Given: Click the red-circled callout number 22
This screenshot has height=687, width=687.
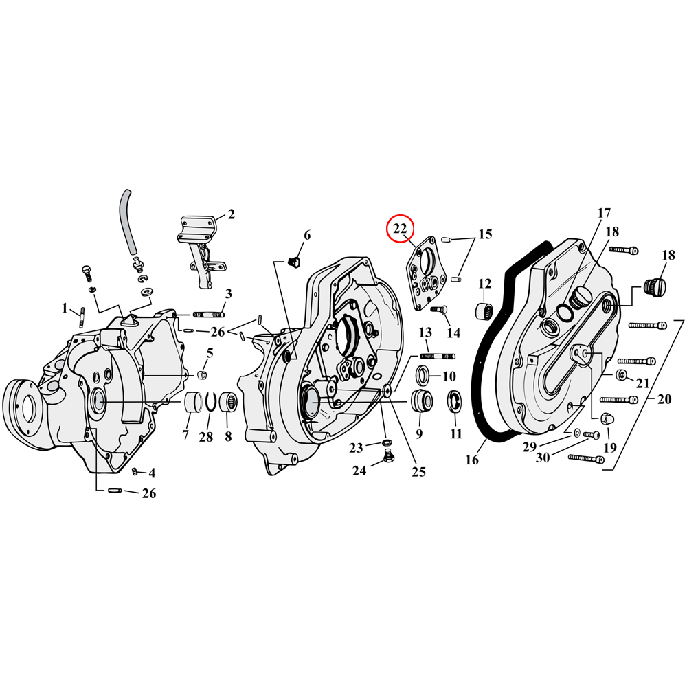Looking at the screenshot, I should tap(400, 228).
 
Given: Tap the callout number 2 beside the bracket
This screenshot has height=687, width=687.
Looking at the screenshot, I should tap(231, 214).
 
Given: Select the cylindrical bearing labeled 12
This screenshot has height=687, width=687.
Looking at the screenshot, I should tap(485, 310).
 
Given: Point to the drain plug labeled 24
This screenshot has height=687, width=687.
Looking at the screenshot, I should tap(388, 458).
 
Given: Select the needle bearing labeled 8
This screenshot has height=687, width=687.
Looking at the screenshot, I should tap(227, 403).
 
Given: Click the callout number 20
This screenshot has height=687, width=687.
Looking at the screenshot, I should tap(664, 399).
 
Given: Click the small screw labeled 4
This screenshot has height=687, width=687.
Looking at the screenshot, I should tap(135, 471).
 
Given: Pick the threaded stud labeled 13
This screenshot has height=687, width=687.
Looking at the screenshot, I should tap(433, 356).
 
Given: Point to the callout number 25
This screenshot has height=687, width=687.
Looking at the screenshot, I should tap(418, 471).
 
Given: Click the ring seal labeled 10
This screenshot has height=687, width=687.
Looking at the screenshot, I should tap(425, 376).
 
